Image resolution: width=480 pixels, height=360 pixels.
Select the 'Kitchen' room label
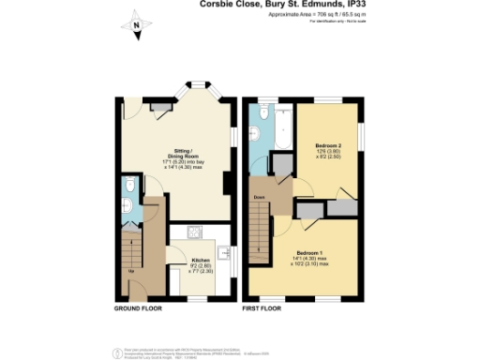(201, 260)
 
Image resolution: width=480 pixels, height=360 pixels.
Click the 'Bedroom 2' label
(326, 146)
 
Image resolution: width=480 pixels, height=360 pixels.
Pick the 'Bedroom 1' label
(310, 252)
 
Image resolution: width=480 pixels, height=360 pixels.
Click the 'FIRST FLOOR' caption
(264, 307)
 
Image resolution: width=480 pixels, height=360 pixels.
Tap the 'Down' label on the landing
(259, 197)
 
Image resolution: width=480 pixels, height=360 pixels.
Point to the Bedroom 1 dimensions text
(310, 262)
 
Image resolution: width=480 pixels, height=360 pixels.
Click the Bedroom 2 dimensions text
(326, 156)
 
